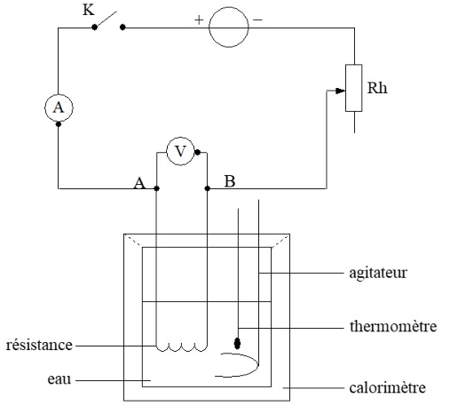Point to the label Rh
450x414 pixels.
pyautogui.click(x=377, y=88)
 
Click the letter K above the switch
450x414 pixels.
pyautogui.click(x=88, y=10)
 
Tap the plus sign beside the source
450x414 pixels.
pyautogui.click(x=199, y=20)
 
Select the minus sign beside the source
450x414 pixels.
pyautogui.click(x=257, y=20)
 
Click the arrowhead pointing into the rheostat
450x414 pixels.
pyautogui.click(x=340, y=91)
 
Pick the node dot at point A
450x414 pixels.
pyautogui.click(x=157, y=188)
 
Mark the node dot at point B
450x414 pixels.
pyautogui.click(x=208, y=188)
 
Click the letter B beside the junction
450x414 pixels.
pyautogui.click(x=230, y=181)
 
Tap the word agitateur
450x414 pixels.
pyautogui.click(x=378, y=273)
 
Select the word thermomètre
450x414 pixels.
pyautogui.click(x=393, y=326)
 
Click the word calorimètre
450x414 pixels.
pyautogui.click(x=388, y=387)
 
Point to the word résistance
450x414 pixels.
pyautogui.click(x=39, y=345)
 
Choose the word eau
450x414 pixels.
pyautogui.click(x=59, y=379)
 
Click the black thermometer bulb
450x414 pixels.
pyautogui.click(x=237, y=343)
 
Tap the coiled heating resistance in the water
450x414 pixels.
pyautogui.click(x=182, y=349)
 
